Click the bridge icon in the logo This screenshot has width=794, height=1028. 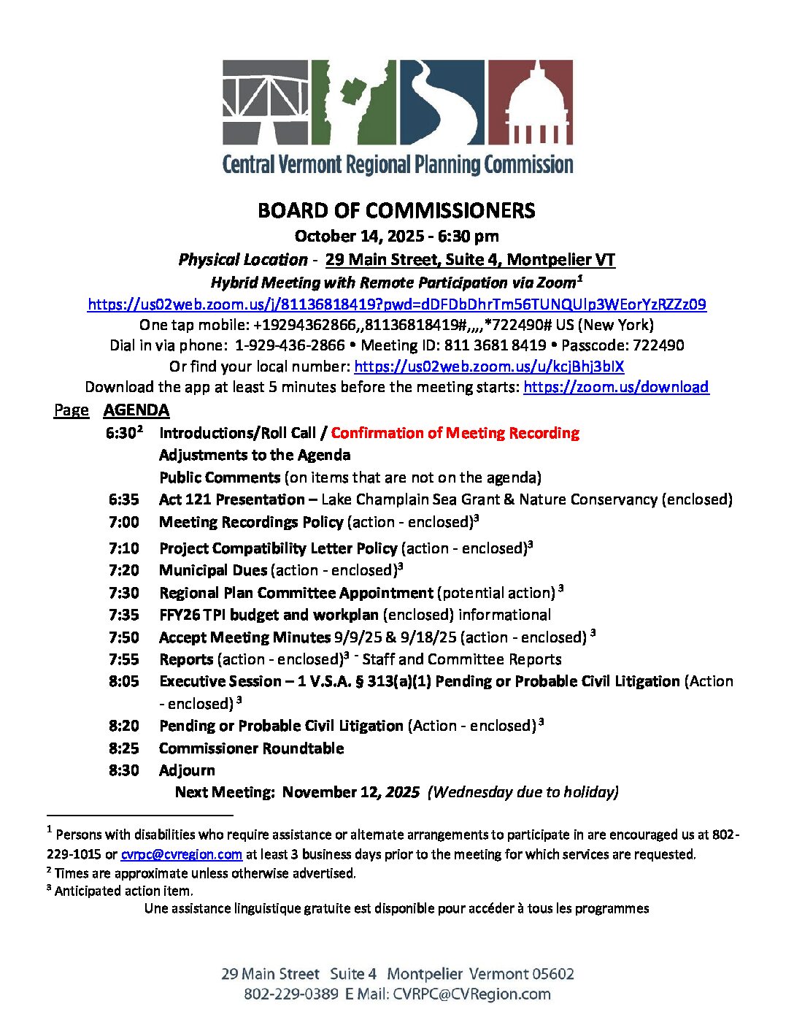[x=265, y=101]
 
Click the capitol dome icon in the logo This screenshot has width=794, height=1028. [x=530, y=101]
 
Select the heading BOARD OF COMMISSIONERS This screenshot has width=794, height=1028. [x=396, y=211]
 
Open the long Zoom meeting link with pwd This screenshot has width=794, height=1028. [x=396, y=304]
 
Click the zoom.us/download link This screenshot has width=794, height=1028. [x=616, y=387]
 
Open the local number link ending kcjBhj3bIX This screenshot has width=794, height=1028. [x=489, y=367]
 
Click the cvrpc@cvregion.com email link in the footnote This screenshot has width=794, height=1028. [x=181, y=854]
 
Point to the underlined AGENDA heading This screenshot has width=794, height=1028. [x=136, y=410]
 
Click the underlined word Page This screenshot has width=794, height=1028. [x=72, y=410]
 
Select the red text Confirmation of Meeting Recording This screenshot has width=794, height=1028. [x=455, y=433]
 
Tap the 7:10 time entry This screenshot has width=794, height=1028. [x=123, y=548]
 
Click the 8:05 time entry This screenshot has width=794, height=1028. [x=123, y=681]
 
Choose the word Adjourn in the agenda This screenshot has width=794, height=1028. [x=187, y=770]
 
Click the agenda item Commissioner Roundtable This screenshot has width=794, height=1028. [x=251, y=748]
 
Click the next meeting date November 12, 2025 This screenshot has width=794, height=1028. [x=351, y=792]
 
